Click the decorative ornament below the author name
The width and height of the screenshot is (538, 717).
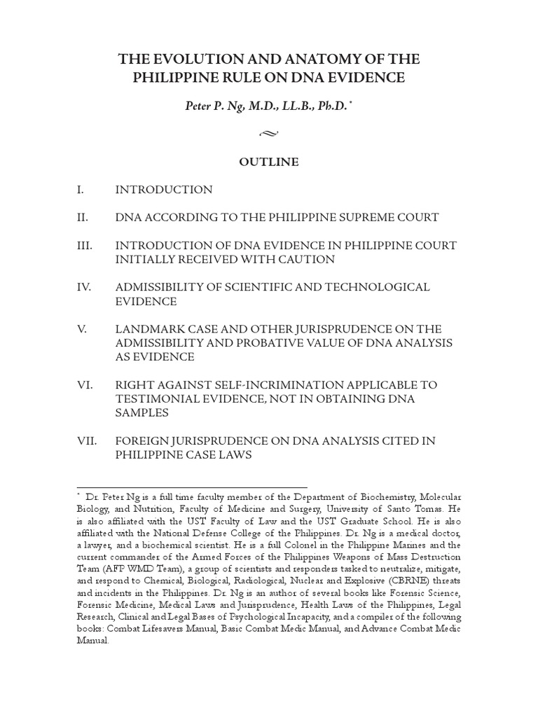tap(269, 132)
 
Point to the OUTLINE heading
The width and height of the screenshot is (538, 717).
tap(269, 162)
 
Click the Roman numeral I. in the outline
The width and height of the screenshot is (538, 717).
tap(81, 190)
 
